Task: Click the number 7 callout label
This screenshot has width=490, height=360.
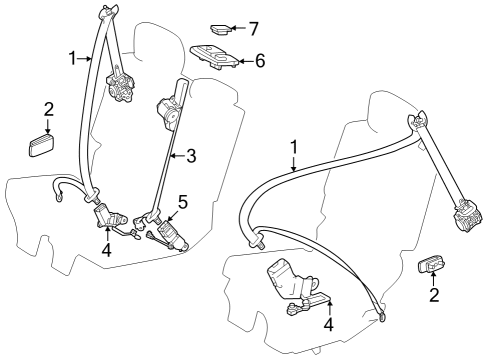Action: click(255, 28)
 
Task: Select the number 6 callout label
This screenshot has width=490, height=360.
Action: click(259, 61)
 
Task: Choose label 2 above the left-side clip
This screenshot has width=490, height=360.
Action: click(48, 108)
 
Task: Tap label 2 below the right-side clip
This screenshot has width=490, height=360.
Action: click(434, 295)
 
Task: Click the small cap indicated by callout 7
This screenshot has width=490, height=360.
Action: click(219, 29)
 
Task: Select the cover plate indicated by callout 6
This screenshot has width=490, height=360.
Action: click(213, 58)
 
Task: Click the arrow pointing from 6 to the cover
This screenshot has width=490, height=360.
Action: click(244, 61)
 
